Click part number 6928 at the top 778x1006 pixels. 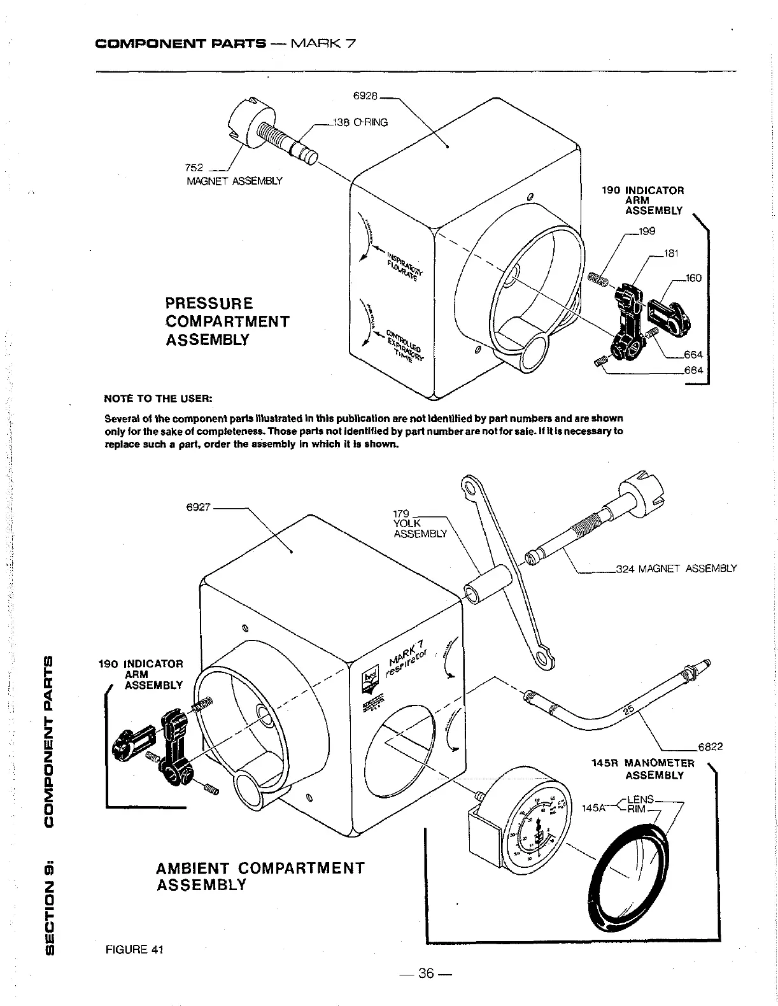point(365,97)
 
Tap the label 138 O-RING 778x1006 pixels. point(360,122)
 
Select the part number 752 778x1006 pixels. point(194,167)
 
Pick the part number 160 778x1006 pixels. point(693,278)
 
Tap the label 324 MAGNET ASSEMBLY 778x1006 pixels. point(676,568)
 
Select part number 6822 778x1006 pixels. point(711,747)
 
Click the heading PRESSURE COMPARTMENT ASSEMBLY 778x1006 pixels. point(227,321)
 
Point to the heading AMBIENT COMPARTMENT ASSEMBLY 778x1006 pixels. point(260,876)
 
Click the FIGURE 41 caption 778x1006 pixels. point(134,950)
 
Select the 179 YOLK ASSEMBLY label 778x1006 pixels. point(420,523)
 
